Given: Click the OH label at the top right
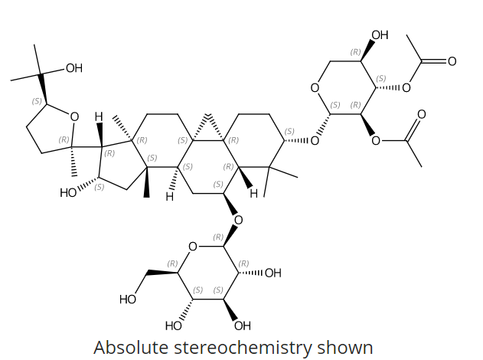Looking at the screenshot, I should pos(379,35).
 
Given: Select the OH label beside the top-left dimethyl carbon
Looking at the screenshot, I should pos(73,69).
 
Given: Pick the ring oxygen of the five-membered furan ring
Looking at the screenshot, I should pos(74,117).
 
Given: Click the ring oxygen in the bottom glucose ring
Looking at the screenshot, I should pos(193,246).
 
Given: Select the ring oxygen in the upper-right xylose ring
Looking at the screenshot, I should pos(315,89).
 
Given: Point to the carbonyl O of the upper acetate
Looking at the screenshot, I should pos(452,61).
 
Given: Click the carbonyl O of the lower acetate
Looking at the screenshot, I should pos(420,114).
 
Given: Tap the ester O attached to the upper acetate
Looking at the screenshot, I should pos(406,87).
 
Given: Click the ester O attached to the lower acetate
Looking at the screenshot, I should pos(375,140).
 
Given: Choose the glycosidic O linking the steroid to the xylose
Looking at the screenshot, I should pos(315,141).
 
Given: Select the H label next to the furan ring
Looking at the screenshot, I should pos(99,116).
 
